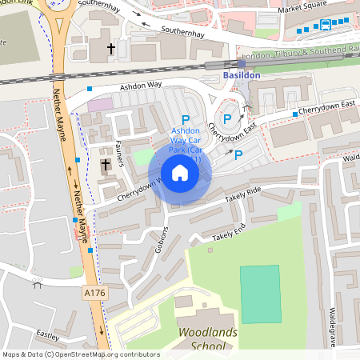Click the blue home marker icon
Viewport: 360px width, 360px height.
point(180,172)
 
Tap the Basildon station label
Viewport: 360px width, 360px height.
point(242,75)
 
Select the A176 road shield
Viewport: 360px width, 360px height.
point(94,294)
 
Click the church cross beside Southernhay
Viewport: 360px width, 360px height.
point(112,50)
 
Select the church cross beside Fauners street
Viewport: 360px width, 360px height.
point(106,166)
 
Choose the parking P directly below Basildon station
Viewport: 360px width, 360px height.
point(227,119)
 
